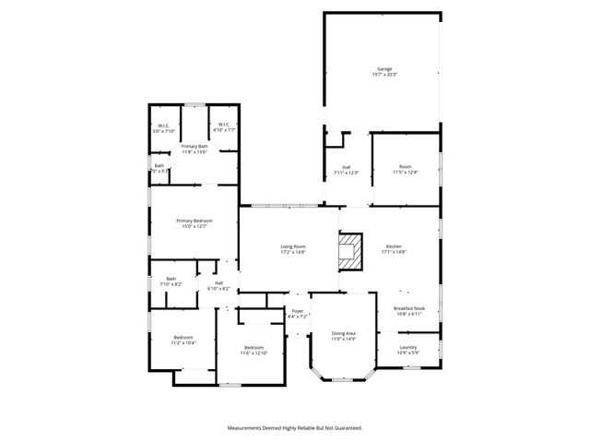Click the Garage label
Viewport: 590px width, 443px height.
coord(384,70)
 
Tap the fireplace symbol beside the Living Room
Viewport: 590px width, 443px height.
coord(348,250)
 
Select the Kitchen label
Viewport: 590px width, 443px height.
coord(394,246)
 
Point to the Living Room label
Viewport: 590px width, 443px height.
coord(293,246)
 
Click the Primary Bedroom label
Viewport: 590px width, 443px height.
coord(195,221)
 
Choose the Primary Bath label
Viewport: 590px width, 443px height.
coord(194,147)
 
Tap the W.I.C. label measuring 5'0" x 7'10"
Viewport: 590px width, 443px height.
coord(163,126)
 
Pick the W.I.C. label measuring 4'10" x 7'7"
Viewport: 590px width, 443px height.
coord(224,126)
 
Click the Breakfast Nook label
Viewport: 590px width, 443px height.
coord(408,309)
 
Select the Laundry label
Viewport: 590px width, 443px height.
coord(408,347)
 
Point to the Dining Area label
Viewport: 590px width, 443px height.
coord(344,333)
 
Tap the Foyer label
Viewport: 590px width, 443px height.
coord(298,312)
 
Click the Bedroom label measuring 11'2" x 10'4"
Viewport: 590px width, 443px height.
coord(183,338)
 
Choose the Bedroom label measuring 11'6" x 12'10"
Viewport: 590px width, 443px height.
coord(253,349)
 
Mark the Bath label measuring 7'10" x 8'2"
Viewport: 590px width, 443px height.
coord(171,279)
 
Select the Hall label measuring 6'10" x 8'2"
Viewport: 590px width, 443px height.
coord(218,283)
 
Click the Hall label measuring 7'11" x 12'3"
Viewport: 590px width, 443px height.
coord(345,167)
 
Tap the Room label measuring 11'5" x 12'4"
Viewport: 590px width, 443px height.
coord(406,167)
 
